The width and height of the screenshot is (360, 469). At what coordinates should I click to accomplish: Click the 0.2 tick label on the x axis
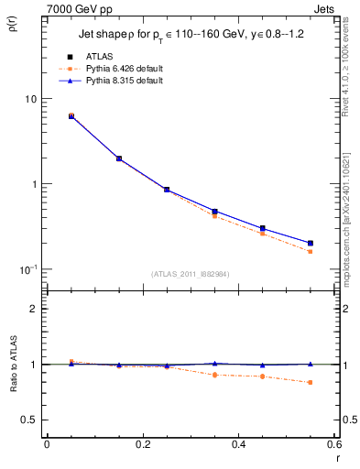pyautogui.click(x=142, y=444)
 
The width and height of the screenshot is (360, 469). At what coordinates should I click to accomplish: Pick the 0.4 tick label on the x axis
pyautogui.click(x=238, y=444)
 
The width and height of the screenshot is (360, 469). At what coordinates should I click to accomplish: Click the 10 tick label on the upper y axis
pyautogui.click(x=30, y=99)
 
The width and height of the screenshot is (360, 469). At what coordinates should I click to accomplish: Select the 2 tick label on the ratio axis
pyautogui.click(x=33, y=309)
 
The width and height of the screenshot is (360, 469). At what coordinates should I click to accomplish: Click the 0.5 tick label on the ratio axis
pyautogui.click(x=29, y=420)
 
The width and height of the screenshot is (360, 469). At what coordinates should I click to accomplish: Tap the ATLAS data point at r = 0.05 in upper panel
pyautogui.click(x=71, y=116)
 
